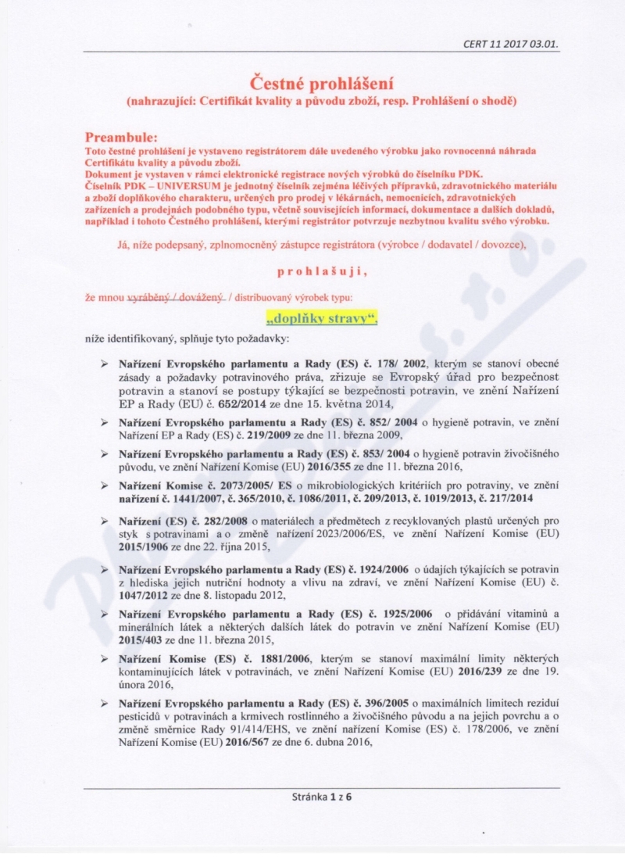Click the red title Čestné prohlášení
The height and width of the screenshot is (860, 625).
[321, 82]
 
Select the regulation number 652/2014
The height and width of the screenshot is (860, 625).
[222, 403]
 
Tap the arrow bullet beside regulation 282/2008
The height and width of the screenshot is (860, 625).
[104, 520]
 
